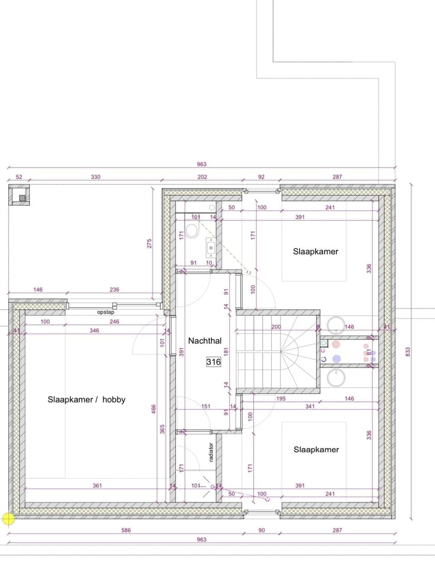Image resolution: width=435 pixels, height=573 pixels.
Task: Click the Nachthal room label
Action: pos(205,340)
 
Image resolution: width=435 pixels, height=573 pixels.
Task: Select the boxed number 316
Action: pos(213,362)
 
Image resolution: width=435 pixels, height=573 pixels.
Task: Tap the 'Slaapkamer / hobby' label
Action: pos(86,399)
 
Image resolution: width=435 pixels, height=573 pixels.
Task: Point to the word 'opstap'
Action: pos(106,312)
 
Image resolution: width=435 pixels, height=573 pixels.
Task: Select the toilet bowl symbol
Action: pos(192,232)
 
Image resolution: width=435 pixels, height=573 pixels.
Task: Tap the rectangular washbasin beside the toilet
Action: pos(211,247)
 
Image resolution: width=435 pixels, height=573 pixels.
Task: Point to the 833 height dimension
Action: pos(407,351)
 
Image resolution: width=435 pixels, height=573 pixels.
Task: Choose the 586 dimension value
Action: pos(126,530)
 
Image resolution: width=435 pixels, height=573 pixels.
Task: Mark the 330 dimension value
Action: pos(96,177)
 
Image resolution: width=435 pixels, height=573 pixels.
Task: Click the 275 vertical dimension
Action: pos(150,243)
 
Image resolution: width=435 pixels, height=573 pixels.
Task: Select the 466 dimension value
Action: pos(154,409)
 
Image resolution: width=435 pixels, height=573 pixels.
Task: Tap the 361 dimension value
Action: pos(97,486)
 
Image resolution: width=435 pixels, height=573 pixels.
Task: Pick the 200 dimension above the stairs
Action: pos(276,326)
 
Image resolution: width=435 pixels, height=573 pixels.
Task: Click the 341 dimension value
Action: pos(309,406)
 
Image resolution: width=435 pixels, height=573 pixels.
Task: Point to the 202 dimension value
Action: pos(202,177)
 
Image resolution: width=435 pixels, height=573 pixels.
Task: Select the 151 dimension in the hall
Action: pos(206,406)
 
